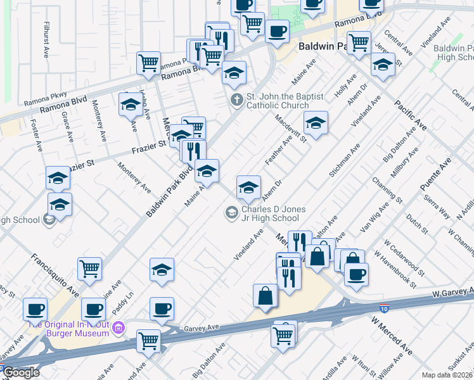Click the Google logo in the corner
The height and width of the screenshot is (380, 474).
coord(20,372)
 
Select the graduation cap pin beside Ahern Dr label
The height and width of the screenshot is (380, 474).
coord(248,187)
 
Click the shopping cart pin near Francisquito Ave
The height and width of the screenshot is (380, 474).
coord(89,268)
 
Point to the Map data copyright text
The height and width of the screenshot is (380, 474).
coord(447,375)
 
